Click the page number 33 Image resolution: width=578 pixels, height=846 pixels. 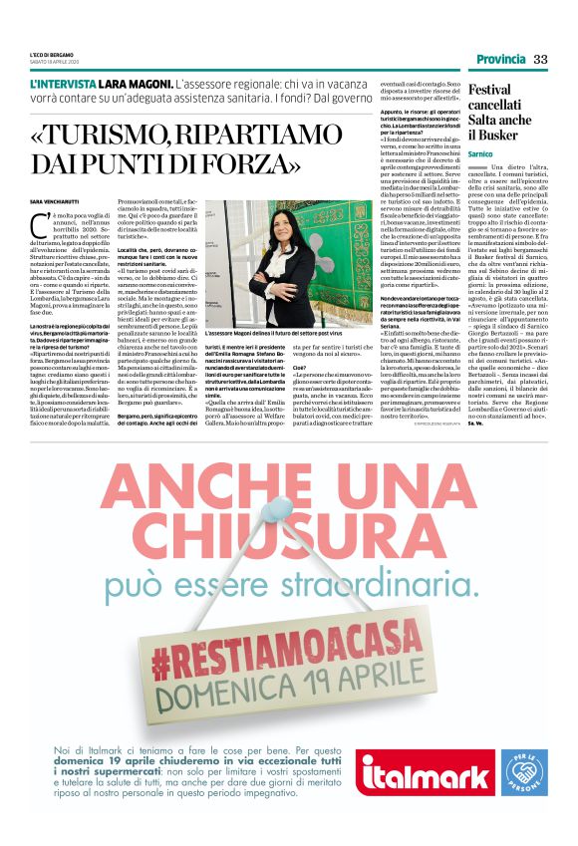point(541,58)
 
